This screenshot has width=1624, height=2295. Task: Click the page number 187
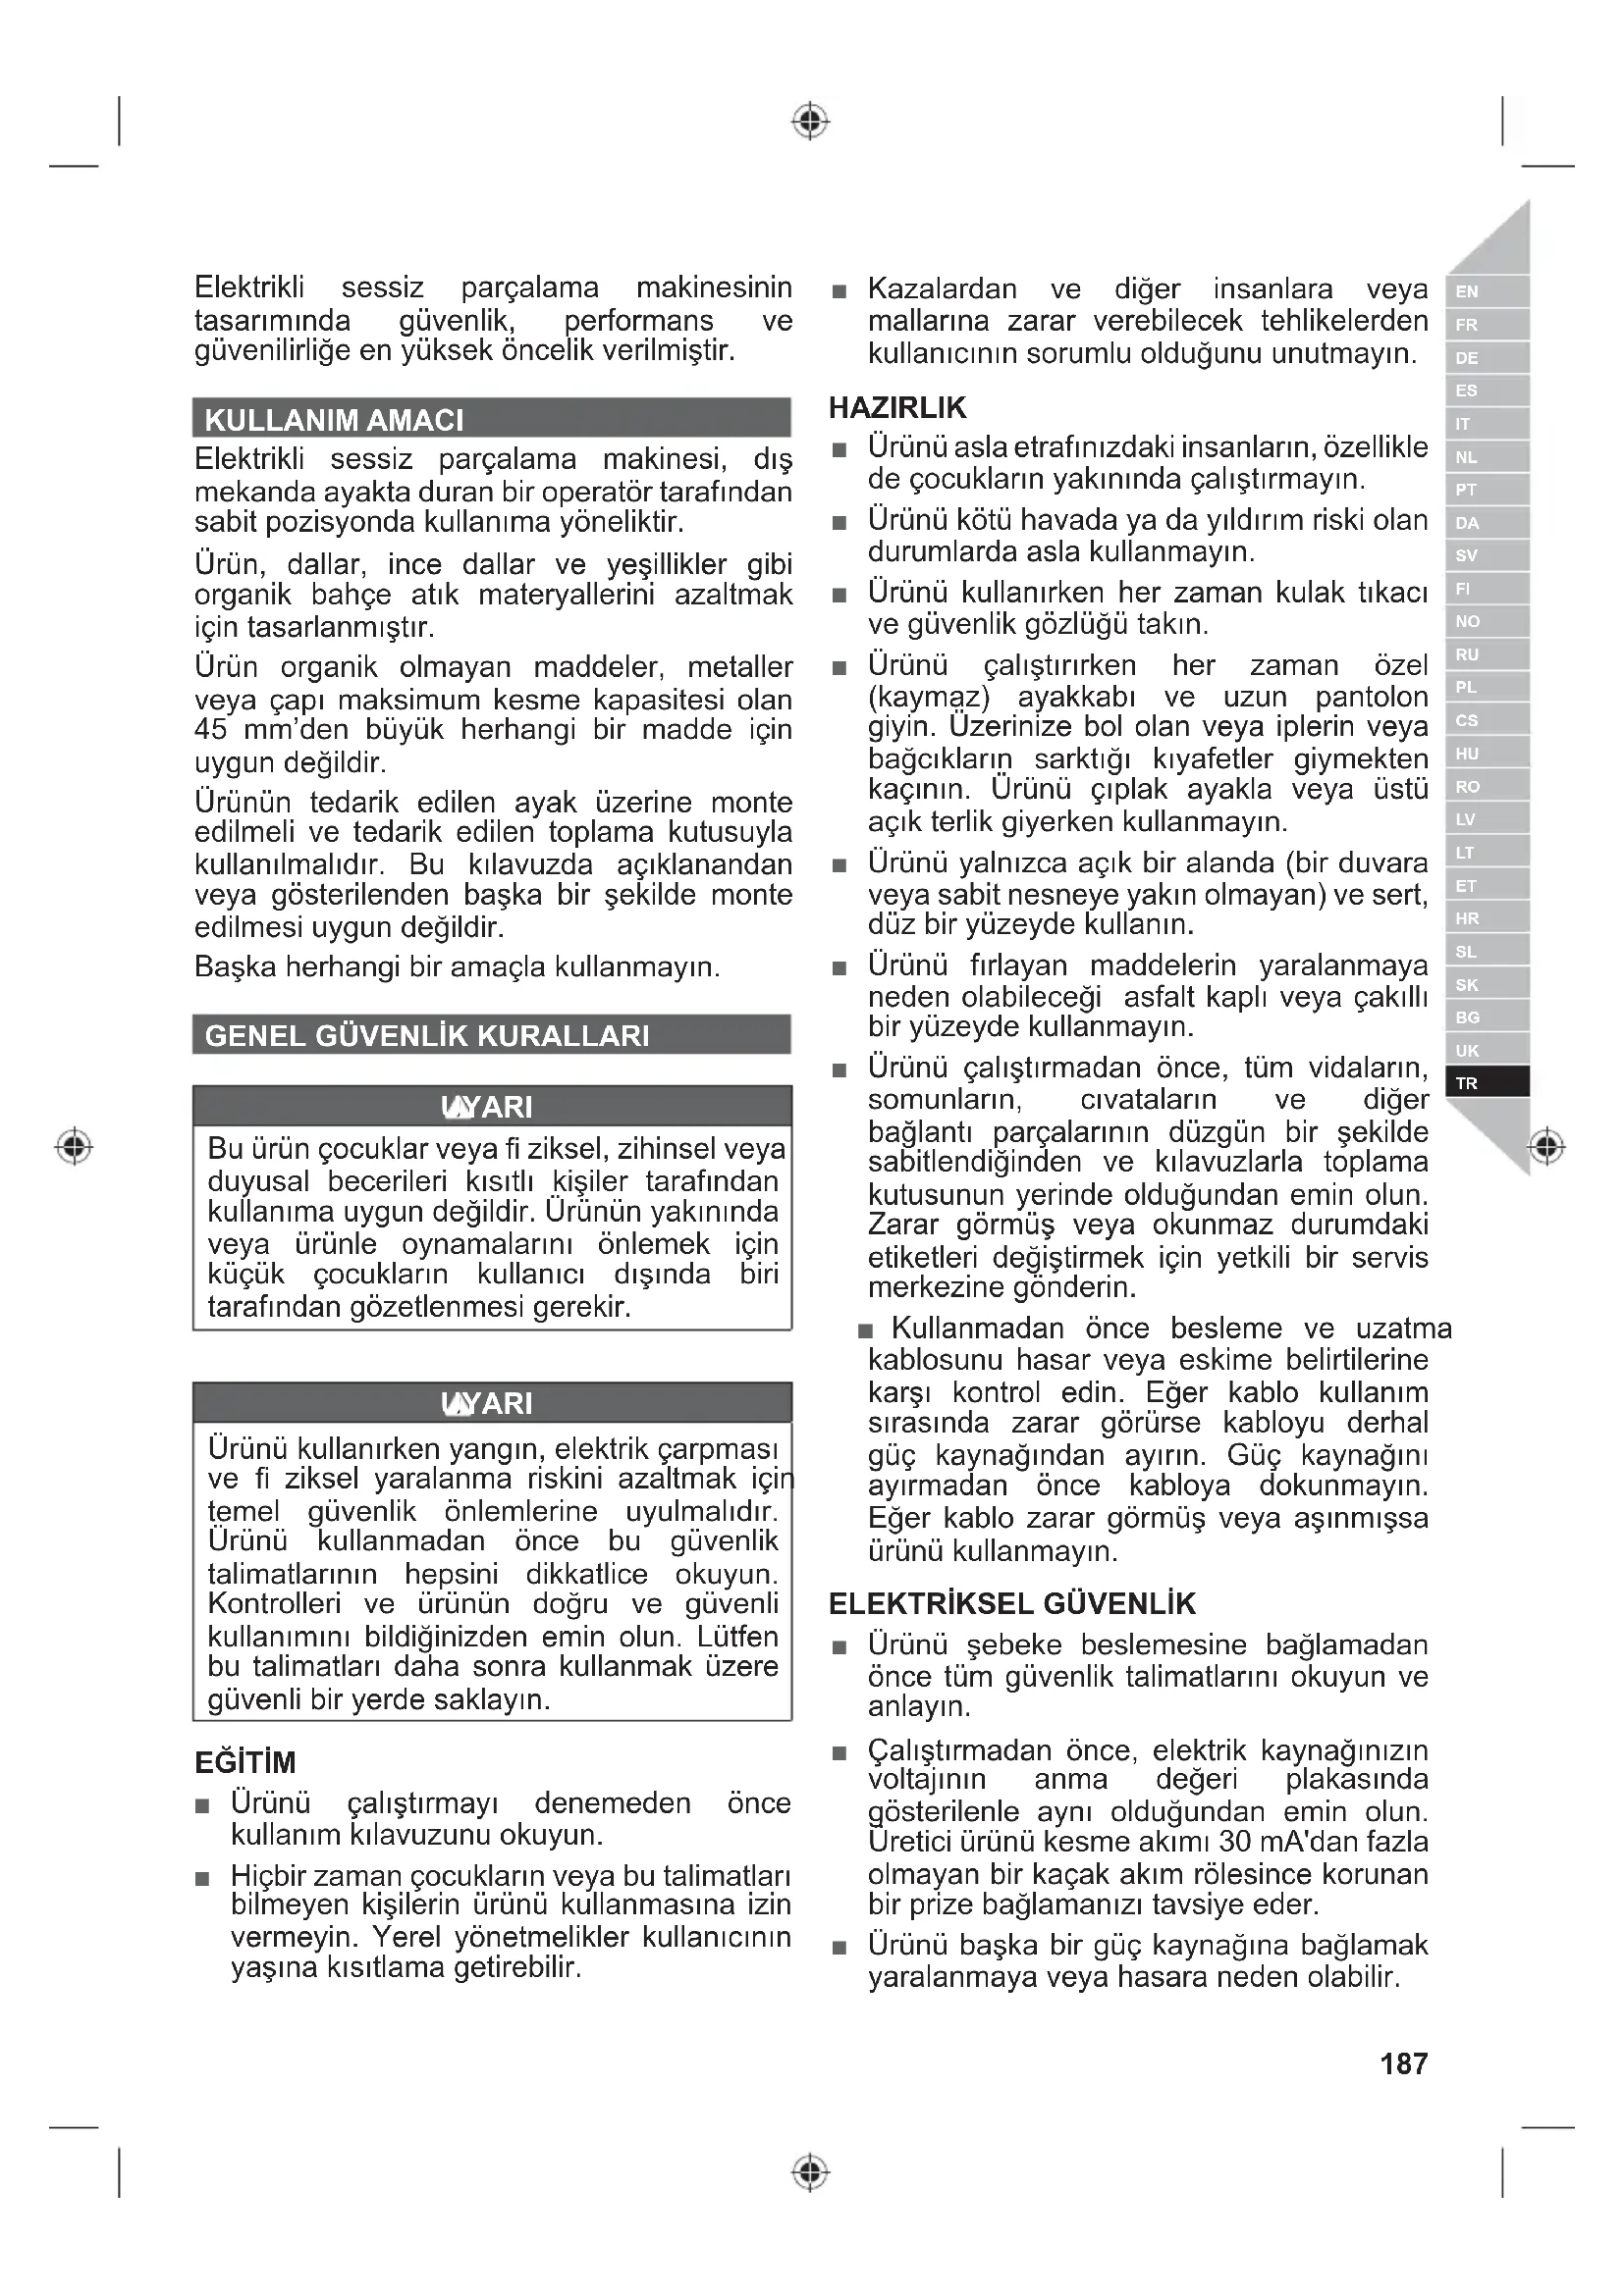coord(1403,2063)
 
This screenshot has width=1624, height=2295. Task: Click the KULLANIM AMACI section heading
coord(334,420)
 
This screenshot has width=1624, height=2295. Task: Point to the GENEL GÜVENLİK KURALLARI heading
coord(427,1035)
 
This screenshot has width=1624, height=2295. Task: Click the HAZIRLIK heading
coord(897,408)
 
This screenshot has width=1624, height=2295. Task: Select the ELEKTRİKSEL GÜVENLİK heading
coord(1012,1603)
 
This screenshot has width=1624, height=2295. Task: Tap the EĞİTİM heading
coord(245,1762)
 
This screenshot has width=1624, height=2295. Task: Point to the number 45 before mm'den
coord(211,730)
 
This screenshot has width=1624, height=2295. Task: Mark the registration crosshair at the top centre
coord(811,121)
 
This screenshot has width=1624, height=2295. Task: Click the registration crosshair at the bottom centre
coord(811,2173)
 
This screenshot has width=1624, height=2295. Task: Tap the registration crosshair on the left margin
coord(74,1145)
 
